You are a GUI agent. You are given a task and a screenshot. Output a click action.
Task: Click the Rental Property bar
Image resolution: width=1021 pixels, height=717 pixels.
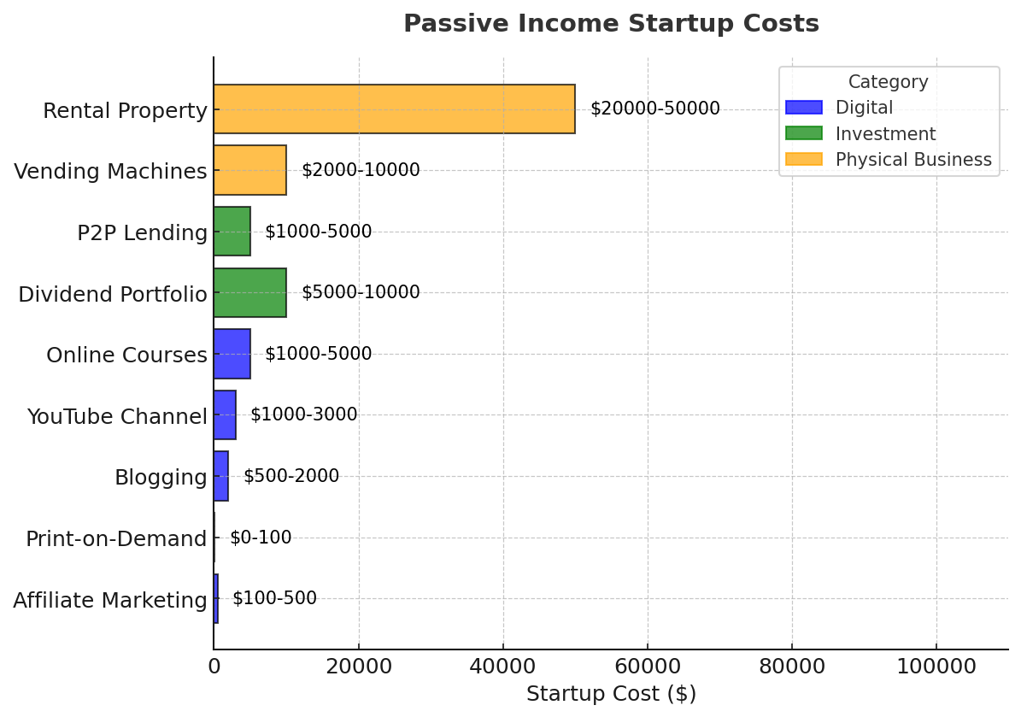394,109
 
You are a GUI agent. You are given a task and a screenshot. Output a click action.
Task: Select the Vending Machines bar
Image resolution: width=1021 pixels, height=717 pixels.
249,170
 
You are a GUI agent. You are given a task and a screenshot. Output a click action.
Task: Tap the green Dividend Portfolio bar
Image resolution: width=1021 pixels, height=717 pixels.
249,292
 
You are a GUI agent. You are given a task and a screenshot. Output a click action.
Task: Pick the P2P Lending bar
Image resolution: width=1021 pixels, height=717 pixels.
232,232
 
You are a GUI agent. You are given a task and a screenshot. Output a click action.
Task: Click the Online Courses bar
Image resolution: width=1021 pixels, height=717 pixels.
232,354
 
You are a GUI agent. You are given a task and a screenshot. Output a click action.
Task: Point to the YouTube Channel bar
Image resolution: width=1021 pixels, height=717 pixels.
225,415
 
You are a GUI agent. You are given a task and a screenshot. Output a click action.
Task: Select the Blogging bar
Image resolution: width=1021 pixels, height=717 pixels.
221,476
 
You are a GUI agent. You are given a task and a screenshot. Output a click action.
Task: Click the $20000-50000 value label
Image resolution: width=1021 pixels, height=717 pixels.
654,109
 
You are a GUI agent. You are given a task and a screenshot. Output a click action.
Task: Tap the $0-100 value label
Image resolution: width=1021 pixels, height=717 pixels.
261,538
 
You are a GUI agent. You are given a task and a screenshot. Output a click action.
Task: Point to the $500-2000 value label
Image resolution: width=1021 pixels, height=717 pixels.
291,476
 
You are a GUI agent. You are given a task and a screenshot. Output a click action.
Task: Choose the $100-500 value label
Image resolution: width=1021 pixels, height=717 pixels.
274,598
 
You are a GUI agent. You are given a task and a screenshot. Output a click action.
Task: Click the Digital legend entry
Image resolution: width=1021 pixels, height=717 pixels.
863,108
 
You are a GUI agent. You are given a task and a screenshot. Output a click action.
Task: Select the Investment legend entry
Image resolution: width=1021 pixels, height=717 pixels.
884,134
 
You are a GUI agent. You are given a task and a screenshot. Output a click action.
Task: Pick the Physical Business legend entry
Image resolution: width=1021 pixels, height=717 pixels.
912,160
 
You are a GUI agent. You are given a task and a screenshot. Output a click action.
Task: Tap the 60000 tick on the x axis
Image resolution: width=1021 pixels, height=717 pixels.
648,667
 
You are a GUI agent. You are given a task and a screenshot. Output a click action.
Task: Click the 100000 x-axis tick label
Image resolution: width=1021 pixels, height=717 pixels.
936,667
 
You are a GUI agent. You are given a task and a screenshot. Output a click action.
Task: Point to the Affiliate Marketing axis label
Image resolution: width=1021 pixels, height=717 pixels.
110,601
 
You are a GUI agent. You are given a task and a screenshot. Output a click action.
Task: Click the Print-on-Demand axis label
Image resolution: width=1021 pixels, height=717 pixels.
116,539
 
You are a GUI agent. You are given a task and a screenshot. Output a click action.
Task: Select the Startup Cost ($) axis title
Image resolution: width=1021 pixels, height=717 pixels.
611,694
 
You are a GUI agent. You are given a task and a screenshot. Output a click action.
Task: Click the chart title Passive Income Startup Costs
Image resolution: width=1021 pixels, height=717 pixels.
611,24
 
